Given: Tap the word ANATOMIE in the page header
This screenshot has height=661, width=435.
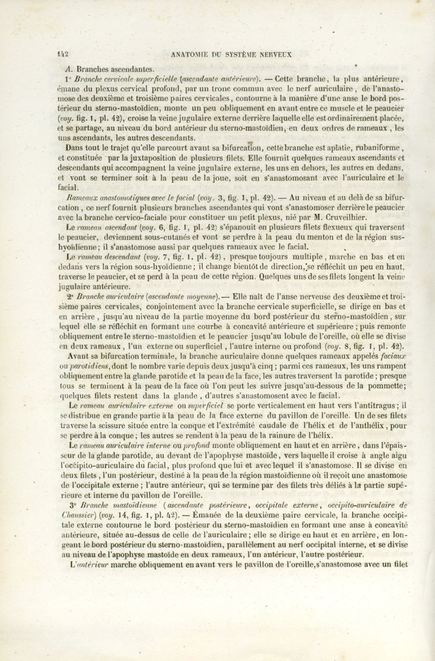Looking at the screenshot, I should (x=189, y=54).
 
